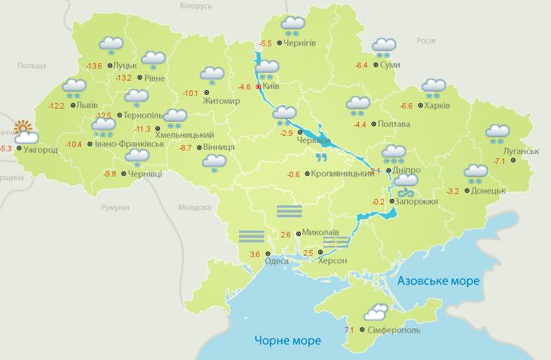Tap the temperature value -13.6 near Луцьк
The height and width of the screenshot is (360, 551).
pyautogui.click(x=94, y=67)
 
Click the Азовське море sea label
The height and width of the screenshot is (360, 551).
pyautogui.click(x=438, y=281)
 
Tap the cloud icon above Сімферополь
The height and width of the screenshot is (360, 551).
pyautogui.click(x=375, y=312)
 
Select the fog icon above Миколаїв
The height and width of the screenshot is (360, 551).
pyautogui.click(x=289, y=211)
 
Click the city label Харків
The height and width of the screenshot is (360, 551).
pyautogui.click(x=437, y=106)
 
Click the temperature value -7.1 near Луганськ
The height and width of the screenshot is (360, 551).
pyautogui.click(x=500, y=162)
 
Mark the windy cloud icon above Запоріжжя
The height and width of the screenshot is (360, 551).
pyautogui.click(x=405, y=184)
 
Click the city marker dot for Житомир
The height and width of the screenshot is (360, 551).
pyautogui.click(x=207, y=92)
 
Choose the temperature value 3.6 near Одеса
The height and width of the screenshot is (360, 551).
pyautogui.click(x=254, y=254)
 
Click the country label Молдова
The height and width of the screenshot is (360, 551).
pyautogui.click(x=194, y=208)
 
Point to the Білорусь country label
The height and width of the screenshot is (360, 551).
pyautogui.click(x=196, y=6)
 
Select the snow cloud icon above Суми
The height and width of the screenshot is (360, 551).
pyautogui.click(x=383, y=48)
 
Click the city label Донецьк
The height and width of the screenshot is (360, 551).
pyautogui.click(x=488, y=191)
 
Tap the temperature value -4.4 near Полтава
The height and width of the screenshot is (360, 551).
pyautogui.click(x=360, y=125)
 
